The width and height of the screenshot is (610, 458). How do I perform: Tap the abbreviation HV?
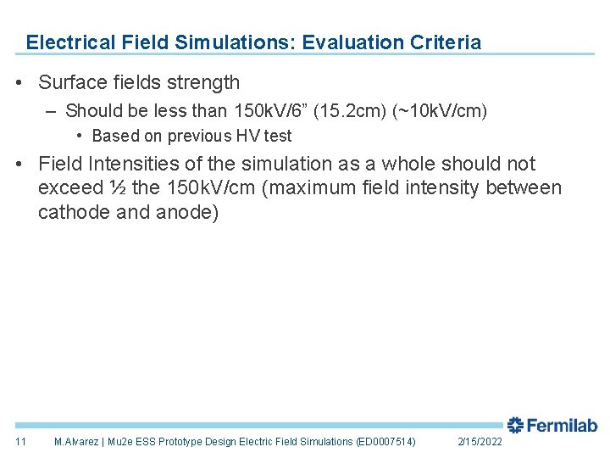click(247, 136)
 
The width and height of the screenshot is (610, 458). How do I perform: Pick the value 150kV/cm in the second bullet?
click(202, 187)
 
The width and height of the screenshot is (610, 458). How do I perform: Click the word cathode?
click(72, 212)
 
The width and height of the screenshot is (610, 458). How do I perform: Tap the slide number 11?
click(21, 442)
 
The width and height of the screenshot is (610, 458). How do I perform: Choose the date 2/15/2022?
click(480, 442)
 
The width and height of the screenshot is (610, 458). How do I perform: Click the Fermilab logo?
click(552, 426)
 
